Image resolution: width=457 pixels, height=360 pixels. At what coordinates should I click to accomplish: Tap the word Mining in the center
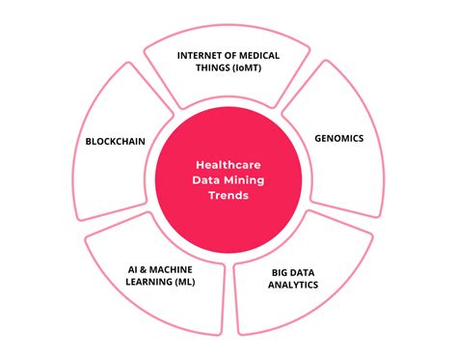[x=247, y=180]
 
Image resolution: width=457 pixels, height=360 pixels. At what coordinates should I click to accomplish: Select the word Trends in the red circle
[x=228, y=196]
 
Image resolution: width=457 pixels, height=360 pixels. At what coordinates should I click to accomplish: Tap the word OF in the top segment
[x=234, y=55]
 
